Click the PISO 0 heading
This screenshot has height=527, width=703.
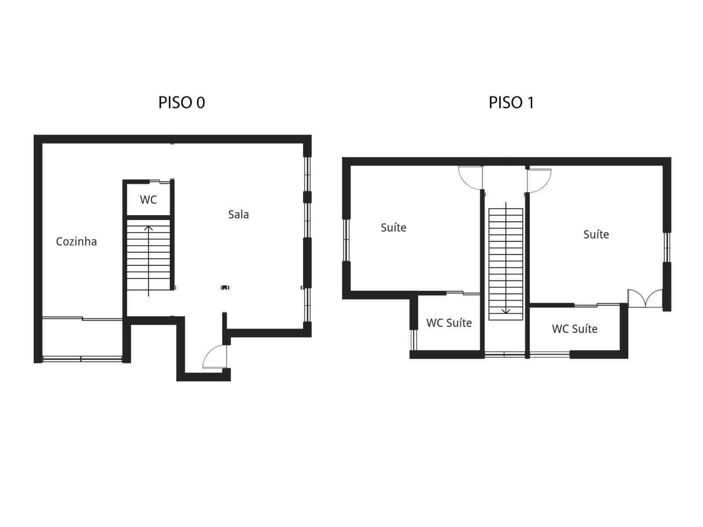pos(181,103)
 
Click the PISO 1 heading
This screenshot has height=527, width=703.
pos(511,103)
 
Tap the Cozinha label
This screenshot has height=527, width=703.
pos(76,242)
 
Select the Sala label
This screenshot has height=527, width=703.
pos(238,215)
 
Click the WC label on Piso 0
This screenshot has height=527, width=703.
pos(148,200)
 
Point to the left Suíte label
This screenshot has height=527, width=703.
pos(393,227)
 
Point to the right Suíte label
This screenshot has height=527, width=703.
pos(596,235)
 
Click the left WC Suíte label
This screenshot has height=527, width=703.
pos(449,323)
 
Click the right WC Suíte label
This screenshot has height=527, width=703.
pos(574,329)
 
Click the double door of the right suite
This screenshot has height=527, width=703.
pos(645,299)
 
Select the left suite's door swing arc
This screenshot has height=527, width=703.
pos(468,178)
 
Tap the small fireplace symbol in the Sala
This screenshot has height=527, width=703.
pos(225,288)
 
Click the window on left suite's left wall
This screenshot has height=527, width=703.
pos(346,240)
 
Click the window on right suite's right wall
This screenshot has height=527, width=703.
pos(667,247)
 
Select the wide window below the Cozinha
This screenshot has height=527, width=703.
pos(82,359)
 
